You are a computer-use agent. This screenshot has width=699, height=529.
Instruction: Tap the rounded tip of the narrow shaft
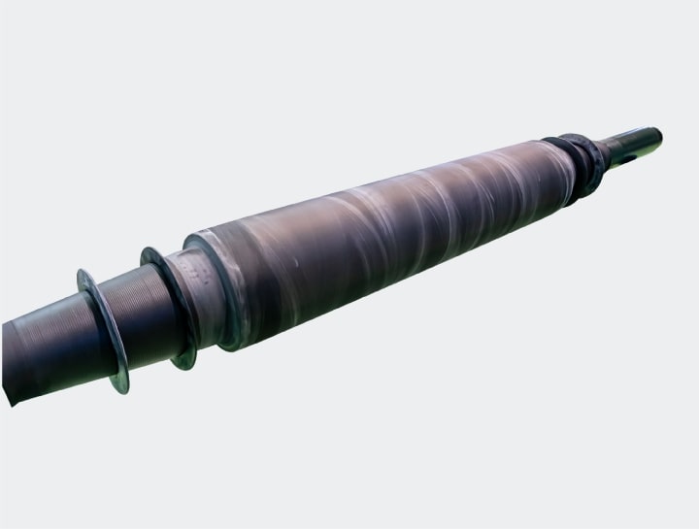point(657,136)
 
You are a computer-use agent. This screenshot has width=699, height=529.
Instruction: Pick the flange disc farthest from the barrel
point(103,330)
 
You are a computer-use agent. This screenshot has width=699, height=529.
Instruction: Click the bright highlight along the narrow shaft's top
point(621,138)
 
